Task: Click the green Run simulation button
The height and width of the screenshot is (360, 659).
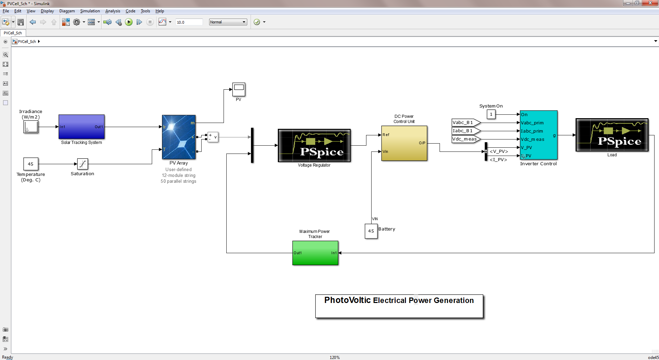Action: pyautogui.click(x=129, y=22)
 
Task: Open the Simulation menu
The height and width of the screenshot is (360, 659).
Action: pyautogui.click(x=90, y=11)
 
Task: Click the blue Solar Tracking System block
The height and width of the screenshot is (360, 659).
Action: pyautogui.click(x=82, y=127)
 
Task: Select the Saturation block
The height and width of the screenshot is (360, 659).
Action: pyautogui.click(x=82, y=164)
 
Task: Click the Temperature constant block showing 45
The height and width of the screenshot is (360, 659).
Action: pyautogui.click(x=31, y=164)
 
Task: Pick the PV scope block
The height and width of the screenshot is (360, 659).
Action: pyautogui.click(x=239, y=90)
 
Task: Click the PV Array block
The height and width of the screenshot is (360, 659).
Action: pyautogui.click(x=179, y=137)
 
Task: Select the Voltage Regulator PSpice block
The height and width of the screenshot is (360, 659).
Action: pyautogui.click(x=314, y=145)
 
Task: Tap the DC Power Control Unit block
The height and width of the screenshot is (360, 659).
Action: pyautogui.click(x=404, y=143)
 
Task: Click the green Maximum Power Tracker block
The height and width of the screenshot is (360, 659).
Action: pyautogui.click(x=315, y=253)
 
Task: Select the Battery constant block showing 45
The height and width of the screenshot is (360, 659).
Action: pyautogui.click(x=371, y=231)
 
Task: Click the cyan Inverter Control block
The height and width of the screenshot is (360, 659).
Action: pyautogui.click(x=538, y=135)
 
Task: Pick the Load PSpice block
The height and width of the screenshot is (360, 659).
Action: pyautogui.click(x=612, y=135)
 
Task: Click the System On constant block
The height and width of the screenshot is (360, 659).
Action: pyautogui.click(x=491, y=114)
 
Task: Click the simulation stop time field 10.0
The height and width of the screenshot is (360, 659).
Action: pyautogui.click(x=189, y=22)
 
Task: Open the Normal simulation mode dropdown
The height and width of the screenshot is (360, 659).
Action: pyautogui.click(x=228, y=22)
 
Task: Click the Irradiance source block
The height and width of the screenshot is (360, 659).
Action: pyautogui.click(x=31, y=127)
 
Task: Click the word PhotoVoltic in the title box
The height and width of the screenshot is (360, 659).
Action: pyautogui.click(x=348, y=300)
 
